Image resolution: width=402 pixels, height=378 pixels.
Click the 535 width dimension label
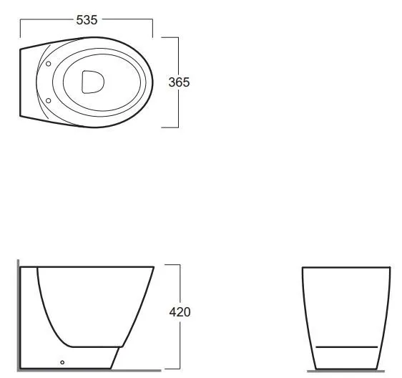coord(87,20)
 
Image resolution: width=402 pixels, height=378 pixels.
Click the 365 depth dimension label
coord(180,82)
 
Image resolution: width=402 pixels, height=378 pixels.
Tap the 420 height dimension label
coord(180,312)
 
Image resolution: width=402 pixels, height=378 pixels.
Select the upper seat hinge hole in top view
coord(48,64)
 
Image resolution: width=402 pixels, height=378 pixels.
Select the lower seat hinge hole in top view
coord(48,101)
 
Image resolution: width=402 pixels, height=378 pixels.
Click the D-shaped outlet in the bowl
coord(93,82)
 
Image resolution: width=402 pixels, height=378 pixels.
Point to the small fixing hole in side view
coord(62,362)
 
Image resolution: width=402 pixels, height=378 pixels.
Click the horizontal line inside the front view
coord(347,347)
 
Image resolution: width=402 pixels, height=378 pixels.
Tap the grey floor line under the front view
coord(346,371)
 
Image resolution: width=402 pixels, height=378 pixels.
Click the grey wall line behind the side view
coord(18,316)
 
